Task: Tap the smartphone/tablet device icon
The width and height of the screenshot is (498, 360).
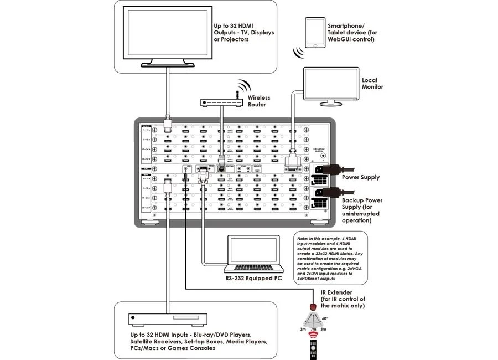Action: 314,32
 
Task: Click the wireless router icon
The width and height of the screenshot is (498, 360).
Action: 222,102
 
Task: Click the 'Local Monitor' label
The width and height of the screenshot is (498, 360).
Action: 372,84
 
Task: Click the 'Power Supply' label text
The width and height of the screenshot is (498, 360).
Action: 361,177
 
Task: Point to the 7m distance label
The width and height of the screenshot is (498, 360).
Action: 313,330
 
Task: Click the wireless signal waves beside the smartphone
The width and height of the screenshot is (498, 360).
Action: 299,52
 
